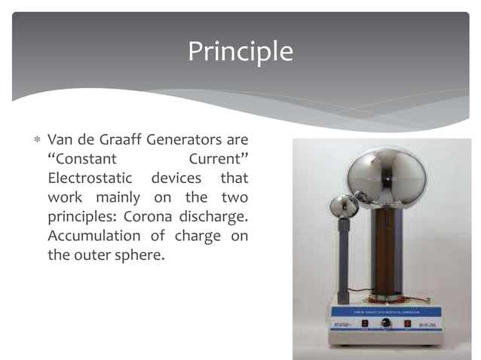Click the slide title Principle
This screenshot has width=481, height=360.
click(x=240, y=51)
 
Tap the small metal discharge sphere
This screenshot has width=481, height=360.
click(x=345, y=206)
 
